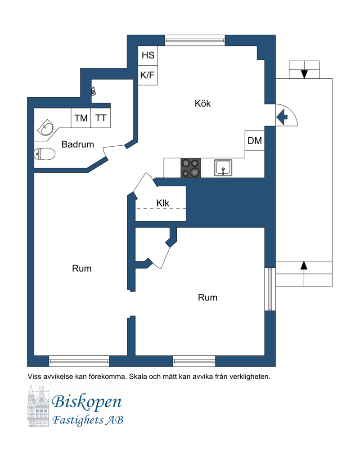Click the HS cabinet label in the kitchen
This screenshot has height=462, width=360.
point(148,55)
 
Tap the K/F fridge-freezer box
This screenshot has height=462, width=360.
point(148,75)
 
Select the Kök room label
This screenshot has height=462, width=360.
point(203,103)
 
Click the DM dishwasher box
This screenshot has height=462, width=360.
point(255,140)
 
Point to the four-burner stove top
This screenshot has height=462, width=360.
point(190,168)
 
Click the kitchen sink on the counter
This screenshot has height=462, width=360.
point(223,168)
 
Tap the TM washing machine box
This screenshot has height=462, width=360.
point(81,118)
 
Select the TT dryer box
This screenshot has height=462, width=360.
point(100,118)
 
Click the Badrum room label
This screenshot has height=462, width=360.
point(78,144)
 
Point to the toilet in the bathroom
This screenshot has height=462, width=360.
point(45,154)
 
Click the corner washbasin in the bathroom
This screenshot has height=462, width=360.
point(46,128)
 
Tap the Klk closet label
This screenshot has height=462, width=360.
point(163,203)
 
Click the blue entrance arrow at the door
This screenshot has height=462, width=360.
point(282,117)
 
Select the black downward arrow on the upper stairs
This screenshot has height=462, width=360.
point(304,74)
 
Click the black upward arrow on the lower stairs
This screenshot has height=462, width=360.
point(304,265)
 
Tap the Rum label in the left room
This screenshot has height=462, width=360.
point(81,269)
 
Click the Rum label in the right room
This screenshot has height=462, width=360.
point(207,298)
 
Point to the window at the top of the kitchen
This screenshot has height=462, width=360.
point(195,40)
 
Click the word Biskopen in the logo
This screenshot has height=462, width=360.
point(87,402)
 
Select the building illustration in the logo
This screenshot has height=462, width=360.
point(40,405)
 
